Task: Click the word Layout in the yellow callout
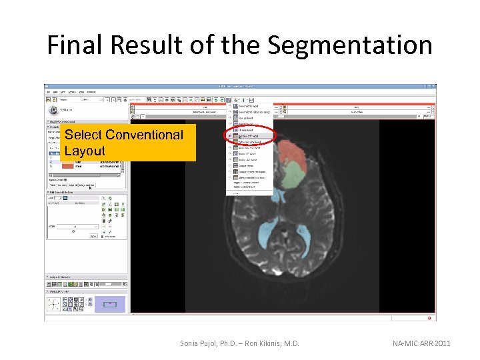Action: [x=85, y=151]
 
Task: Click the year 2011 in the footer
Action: [x=441, y=343]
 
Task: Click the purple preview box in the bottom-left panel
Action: [x=109, y=305]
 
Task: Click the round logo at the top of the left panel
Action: [x=53, y=111]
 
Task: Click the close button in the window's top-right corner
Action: [x=434, y=86]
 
